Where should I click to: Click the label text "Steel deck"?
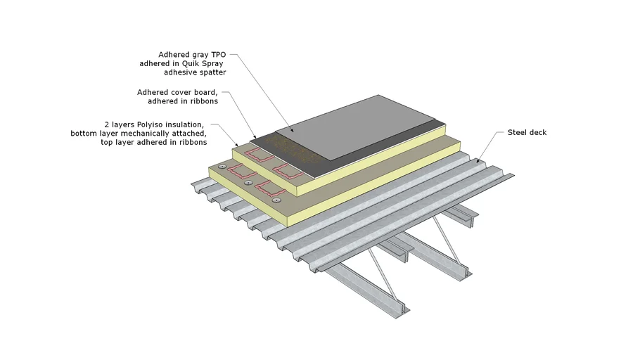point(527,132)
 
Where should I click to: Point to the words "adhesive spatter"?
point(196,72)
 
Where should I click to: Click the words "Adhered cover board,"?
point(177,91)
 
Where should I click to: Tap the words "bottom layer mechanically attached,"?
point(139,133)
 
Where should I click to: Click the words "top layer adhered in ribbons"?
point(160,142)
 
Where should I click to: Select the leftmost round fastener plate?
point(222,167)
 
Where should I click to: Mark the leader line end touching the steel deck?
point(478,161)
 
